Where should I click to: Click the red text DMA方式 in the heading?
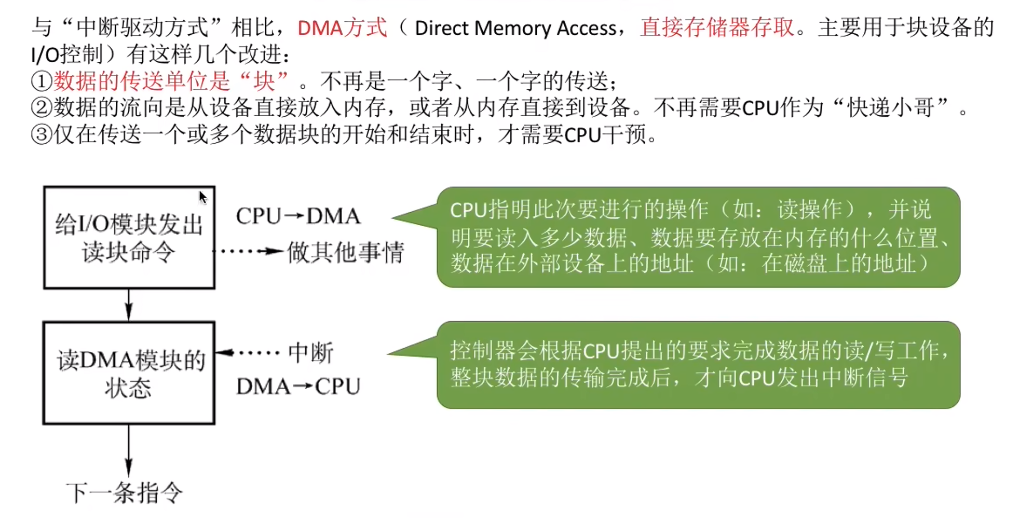[x=342, y=28]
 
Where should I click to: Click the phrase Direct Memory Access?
[x=515, y=28]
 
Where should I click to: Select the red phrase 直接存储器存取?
[x=717, y=28]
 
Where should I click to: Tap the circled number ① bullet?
[x=41, y=81]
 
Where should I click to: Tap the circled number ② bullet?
[x=41, y=108]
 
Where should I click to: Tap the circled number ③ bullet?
[x=41, y=135]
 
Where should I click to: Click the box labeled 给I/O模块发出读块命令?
[x=129, y=237]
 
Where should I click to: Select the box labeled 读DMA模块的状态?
[x=129, y=373]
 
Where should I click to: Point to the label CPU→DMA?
[x=298, y=216]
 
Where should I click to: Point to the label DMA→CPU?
[x=298, y=387]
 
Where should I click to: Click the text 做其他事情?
[x=345, y=253]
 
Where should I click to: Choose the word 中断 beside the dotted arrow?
[x=310, y=353]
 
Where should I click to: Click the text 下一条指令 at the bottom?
[x=125, y=492]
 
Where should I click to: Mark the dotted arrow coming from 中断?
[x=248, y=353]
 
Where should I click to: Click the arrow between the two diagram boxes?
[x=129, y=305]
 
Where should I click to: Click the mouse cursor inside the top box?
[x=202, y=197]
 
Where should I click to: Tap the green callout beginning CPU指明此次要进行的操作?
[x=698, y=237]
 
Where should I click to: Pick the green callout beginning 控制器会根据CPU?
[x=698, y=365]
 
